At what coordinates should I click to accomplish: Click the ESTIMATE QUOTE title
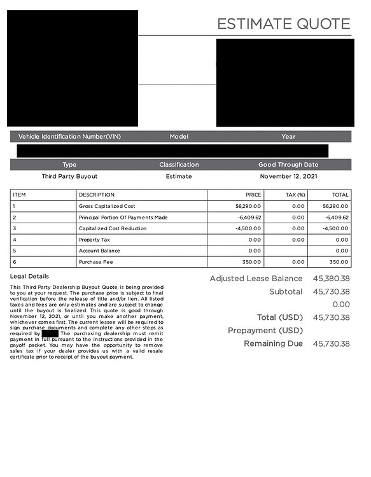click(x=283, y=24)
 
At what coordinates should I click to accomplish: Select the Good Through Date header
click(x=288, y=165)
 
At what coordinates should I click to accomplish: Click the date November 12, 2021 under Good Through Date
click(x=288, y=176)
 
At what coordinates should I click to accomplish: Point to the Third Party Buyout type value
click(x=69, y=176)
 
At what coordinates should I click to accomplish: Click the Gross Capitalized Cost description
click(x=107, y=206)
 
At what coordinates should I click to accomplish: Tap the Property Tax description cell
click(x=94, y=240)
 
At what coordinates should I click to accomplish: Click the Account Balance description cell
click(x=99, y=251)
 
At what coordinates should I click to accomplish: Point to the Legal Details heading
click(x=29, y=276)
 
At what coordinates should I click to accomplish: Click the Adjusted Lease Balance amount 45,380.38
click(x=331, y=279)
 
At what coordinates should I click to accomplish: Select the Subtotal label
click(x=285, y=291)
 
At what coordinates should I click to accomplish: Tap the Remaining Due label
click(x=273, y=343)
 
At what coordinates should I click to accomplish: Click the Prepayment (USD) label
click(x=265, y=331)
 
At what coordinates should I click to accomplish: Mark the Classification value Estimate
click(x=179, y=176)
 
